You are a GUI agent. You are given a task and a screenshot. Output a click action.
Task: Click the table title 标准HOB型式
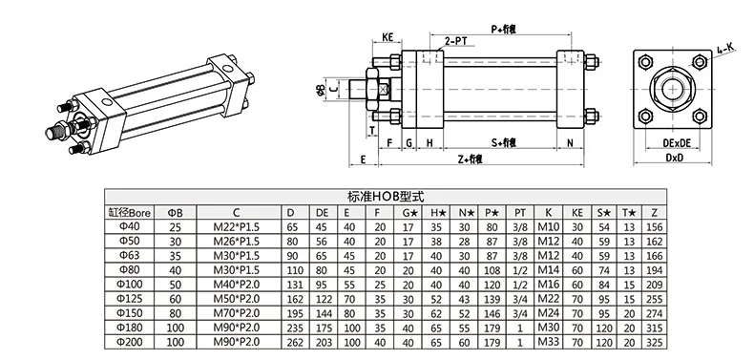point(376,192)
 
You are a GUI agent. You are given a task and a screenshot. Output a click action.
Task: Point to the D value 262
point(292,342)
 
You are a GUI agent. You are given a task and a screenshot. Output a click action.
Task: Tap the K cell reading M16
point(548,285)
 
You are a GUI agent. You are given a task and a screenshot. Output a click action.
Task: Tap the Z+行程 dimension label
point(469,159)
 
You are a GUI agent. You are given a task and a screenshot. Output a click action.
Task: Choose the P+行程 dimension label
point(516,30)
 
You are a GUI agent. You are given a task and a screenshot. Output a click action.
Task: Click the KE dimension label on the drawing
point(388,37)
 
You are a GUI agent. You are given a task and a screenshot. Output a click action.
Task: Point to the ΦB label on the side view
point(319,92)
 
